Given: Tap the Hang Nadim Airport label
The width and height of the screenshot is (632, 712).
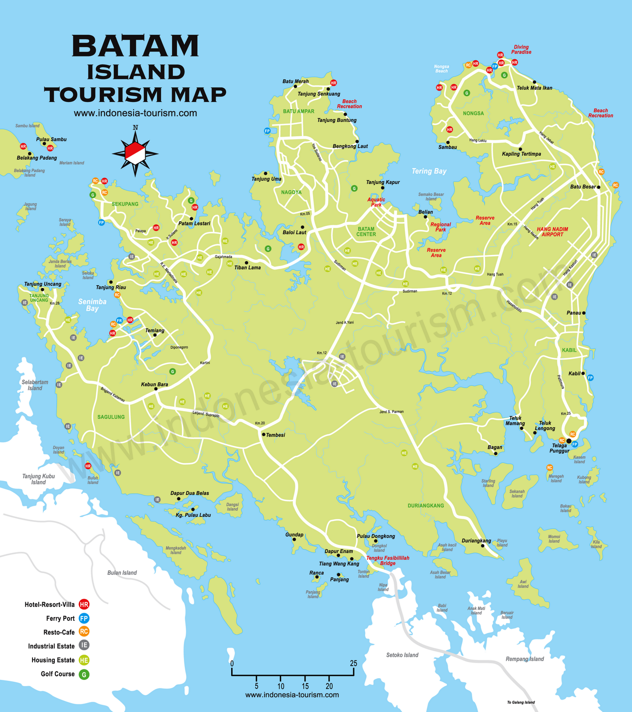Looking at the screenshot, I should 552,231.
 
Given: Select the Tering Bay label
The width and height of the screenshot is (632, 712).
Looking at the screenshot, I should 428,171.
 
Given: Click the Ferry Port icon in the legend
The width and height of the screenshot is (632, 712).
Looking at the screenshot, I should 84,618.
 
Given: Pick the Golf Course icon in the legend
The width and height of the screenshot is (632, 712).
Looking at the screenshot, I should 84,674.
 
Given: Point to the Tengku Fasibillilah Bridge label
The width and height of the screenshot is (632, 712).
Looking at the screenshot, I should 387,560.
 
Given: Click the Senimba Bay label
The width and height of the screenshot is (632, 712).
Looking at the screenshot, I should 92,305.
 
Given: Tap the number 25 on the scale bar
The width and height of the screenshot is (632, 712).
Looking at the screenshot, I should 353,663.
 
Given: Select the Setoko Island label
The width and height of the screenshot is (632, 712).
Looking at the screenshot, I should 402,655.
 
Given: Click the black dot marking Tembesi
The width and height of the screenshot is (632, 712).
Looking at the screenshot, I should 263,435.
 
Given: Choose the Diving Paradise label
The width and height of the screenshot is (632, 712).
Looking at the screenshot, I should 521,49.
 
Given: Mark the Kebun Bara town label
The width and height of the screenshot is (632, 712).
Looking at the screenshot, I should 154,384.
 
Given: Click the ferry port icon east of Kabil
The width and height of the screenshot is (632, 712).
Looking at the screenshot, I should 591,378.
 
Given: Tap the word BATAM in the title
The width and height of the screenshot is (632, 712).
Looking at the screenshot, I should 135,46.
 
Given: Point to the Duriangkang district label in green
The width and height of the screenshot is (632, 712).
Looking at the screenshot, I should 426,506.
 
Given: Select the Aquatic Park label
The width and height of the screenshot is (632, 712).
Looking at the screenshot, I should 376,202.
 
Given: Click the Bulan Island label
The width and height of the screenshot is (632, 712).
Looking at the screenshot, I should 122,573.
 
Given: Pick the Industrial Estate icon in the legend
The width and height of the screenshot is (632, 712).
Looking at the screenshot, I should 84,645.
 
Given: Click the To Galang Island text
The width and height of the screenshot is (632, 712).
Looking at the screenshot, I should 521,702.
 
